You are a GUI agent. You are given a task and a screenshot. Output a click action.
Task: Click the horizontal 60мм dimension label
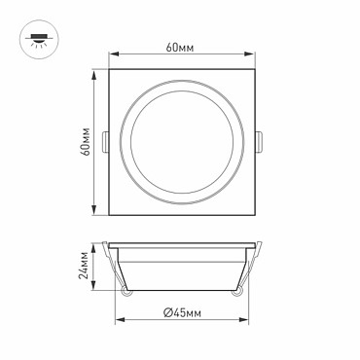(x=180, y=48)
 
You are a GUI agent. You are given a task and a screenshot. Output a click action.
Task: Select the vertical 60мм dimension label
(x=86, y=142)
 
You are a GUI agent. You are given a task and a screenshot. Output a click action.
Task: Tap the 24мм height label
(x=84, y=265)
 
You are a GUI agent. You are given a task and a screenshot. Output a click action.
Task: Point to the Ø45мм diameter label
(x=182, y=312)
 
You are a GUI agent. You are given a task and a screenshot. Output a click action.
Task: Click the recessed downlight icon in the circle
(x=39, y=40)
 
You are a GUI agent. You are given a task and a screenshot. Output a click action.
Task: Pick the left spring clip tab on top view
(x=105, y=142)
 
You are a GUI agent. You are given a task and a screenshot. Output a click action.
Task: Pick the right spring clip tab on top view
(x=259, y=142)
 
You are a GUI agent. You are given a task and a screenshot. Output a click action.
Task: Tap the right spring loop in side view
(x=236, y=291)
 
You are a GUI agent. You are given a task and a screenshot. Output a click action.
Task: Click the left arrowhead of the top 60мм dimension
(x=113, y=54)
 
